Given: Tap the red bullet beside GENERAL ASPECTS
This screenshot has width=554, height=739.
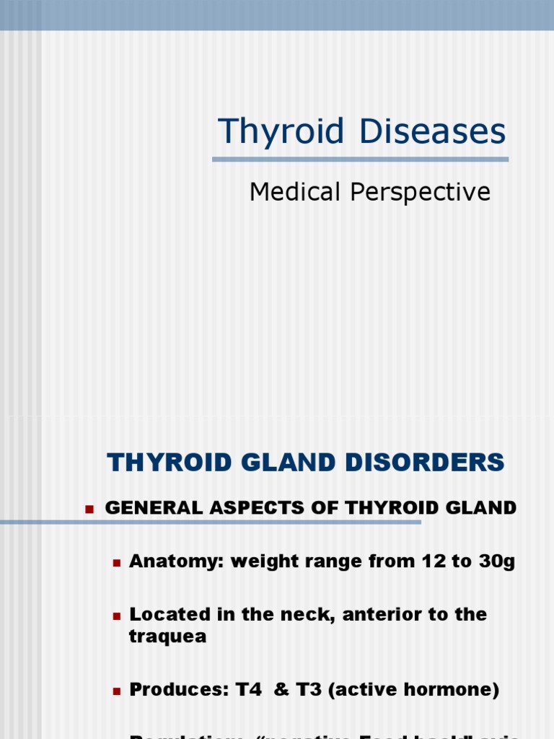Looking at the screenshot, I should [89, 509].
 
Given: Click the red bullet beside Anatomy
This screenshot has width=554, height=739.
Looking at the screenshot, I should [115, 562].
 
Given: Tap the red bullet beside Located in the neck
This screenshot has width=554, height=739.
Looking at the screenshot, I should [115, 616].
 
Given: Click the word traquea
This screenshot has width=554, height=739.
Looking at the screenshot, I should [167, 637].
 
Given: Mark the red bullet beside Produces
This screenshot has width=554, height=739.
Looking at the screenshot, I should [115, 691].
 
